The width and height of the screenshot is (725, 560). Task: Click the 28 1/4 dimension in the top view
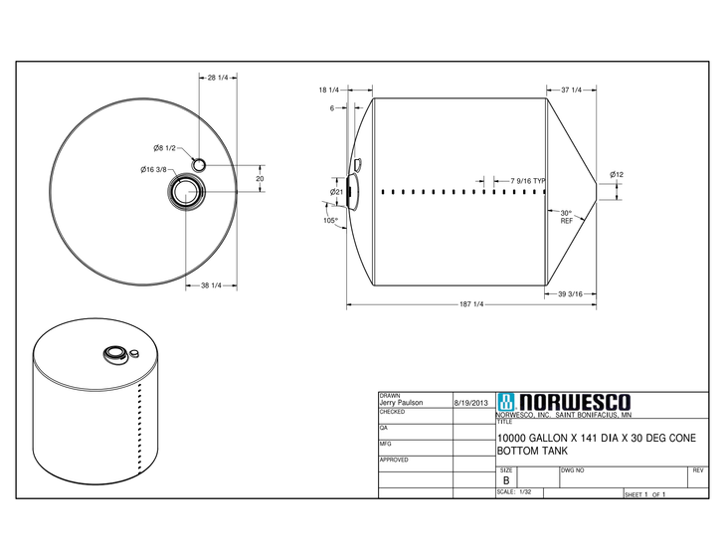(219, 78)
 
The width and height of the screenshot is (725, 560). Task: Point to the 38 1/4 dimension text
(213, 285)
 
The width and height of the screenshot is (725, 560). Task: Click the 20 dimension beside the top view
(260, 179)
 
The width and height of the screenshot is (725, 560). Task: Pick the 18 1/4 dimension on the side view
(329, 91)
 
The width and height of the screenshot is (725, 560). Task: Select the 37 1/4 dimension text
(571, 91)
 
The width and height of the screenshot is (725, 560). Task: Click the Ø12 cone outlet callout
(617, 175)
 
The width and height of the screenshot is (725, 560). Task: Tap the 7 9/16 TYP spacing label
(528, 180)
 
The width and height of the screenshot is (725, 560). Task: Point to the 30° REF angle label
(566, 217)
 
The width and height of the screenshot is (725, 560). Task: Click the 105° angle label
(330, 220)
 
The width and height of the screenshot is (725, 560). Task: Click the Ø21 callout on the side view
(337, 192)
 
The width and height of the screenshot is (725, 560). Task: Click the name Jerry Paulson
(402, 403)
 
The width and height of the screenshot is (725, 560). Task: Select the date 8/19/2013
(470, 403)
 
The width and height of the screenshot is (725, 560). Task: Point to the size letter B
(506, 479)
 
